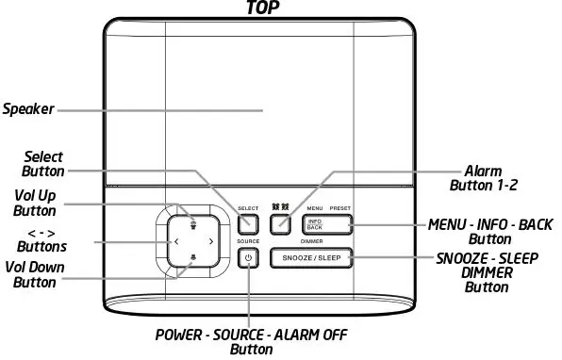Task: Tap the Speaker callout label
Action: click(x=26, y=109)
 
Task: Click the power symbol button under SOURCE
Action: click(x=248, y=257)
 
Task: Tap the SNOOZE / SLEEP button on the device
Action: click(x=311, y=256)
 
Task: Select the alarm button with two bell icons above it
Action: click(x=280, y=224)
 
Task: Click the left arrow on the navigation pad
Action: click(x=176, y=242)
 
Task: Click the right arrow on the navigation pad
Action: click(x=210, y=242)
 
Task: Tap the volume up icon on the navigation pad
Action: click(x=193, y=223)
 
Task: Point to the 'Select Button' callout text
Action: click(x=43, y=164)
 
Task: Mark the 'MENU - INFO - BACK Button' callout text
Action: click(x=489, y=232)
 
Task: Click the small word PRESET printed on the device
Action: click(x=340, y=206)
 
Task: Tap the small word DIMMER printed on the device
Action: click(x=312, y=241)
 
